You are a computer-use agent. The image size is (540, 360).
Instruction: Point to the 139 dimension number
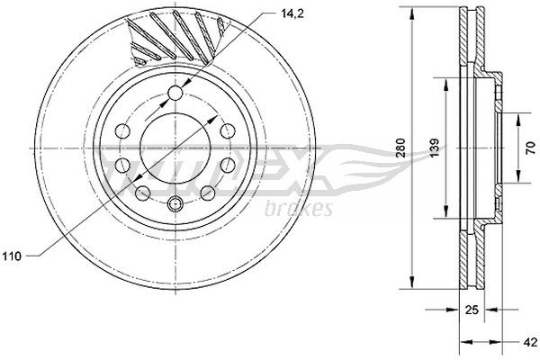click(x=434, y=148)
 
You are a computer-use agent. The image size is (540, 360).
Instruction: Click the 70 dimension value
click(x=520, y=148)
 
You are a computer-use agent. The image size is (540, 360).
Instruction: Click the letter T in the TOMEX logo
click(x=112, y=166)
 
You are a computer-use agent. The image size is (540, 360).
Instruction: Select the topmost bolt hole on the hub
click(x=175, y=94)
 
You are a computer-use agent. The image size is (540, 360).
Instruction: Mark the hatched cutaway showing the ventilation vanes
click(x=175, y=40)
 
